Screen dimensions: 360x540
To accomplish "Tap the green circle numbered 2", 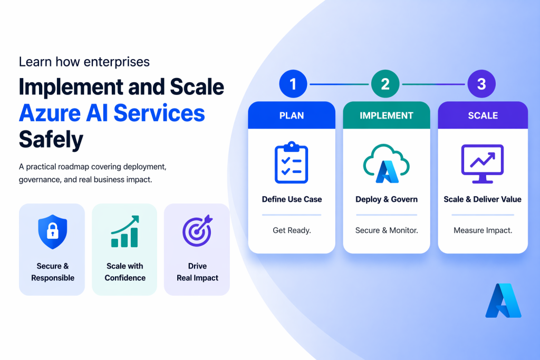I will tap(385, 84).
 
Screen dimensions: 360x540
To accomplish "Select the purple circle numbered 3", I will tap(481, 84).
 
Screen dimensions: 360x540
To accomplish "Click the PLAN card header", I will tap(292, 115).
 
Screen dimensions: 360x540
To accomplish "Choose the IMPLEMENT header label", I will tap(386, 115).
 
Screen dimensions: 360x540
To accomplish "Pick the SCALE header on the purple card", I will tap(483, 115).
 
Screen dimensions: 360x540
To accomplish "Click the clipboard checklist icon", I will tap(292, 163).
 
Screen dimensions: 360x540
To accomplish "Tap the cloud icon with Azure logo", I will tap(386, 163).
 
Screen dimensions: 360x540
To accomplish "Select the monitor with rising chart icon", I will tap(483, 163).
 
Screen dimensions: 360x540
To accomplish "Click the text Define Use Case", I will tap(292, 199).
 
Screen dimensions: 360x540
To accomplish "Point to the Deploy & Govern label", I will tap(387, 199).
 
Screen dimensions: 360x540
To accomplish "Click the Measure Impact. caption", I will tap(483, 230).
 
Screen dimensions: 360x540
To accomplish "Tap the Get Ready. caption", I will tap(292, 230).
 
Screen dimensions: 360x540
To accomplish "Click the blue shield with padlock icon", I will tap(52, 230).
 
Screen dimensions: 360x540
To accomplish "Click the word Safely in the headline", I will tap(51, 140).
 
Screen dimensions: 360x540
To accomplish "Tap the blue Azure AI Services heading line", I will tap(112, 113).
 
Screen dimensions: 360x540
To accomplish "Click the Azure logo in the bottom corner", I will tap(503, 301).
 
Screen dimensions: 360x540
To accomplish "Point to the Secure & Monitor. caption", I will tap(387, 230).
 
